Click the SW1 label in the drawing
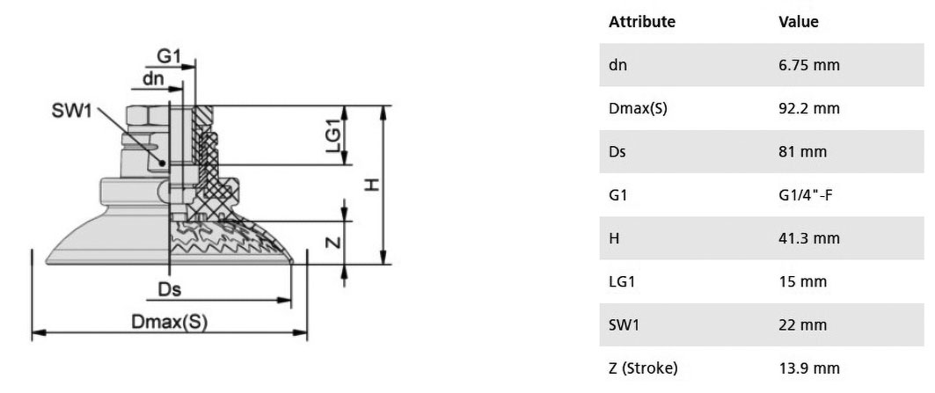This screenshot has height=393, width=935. click(72, 110)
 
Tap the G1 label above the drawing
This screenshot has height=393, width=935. click(169, 56)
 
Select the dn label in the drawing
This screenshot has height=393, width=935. click(153, 79)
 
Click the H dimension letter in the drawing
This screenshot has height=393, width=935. click(372, 186)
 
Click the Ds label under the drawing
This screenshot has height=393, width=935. click(170, 290)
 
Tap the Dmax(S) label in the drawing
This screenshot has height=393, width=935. click(170, 322)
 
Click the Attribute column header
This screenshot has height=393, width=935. click(642, 22)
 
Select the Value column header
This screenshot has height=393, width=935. click(799, 22)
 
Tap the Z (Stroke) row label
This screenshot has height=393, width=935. click(643, 368)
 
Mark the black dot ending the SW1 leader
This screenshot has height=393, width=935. click(162, 163)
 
